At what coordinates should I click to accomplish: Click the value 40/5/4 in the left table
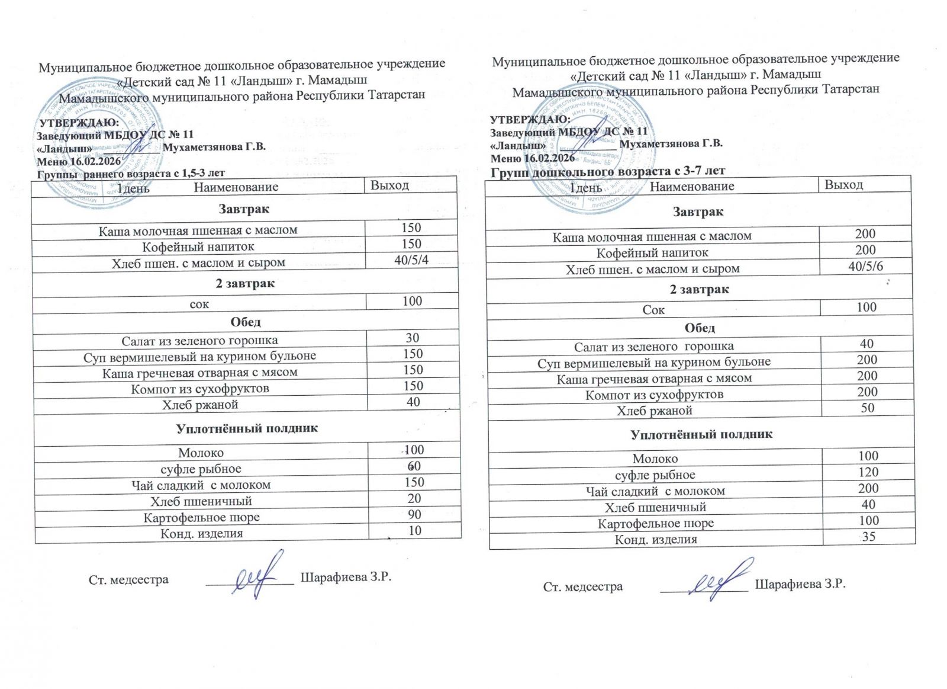[x=411, y=260]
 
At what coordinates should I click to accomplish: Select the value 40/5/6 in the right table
[x=865, y=266]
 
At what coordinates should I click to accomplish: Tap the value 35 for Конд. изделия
[x=868, y=537]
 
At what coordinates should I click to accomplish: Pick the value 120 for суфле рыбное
[x=868, y=472]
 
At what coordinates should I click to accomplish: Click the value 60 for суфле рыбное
[x=414, y=466]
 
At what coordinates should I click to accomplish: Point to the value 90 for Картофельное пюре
[x=414, y=514]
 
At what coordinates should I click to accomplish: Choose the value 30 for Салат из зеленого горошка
[x=412, y=338]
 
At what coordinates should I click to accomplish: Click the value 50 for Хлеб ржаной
[x=867, y=408]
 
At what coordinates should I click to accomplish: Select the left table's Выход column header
[x=389, y=185]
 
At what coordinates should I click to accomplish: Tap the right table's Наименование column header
[x=691, y=186]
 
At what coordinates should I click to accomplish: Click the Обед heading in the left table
[x=245, y=322]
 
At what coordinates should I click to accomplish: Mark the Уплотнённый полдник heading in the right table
[x=701, y=434]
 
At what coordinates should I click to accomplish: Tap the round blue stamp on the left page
[x=95, y=148]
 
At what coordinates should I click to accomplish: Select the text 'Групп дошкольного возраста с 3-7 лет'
[x=607, y=171]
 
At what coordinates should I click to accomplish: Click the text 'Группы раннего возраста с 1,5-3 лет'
[x=131, y=174]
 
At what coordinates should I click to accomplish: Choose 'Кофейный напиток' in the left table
[x=198, y=246]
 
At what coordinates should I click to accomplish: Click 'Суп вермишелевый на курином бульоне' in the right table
[x=653, y=362]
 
